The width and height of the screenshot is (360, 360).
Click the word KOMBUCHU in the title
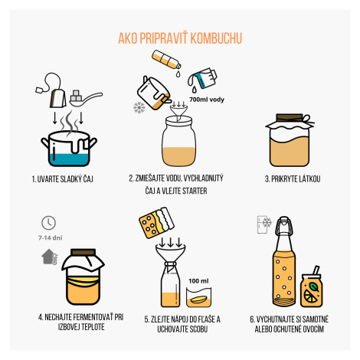[x=216, y=38]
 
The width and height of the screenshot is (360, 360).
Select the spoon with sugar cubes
[x=86, y=98]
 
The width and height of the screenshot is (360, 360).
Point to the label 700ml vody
[x=207, y=100]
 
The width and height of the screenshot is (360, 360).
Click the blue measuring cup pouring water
[x=202, y=78]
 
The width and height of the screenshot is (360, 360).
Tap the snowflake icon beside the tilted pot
[x=139, y=107]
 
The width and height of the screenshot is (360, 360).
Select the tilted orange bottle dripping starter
[x=166, y=60]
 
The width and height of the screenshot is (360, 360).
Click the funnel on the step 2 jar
[x=178, y=111]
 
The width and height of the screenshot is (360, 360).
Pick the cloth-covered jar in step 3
[x=290, y=140]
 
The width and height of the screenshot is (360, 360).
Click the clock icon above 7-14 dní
[x=48, y=223]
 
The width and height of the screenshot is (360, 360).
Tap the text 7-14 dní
[x=51, y=238]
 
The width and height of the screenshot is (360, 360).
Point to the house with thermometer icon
[x=50, y=257]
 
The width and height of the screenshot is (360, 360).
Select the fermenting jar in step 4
[x=83, y=277]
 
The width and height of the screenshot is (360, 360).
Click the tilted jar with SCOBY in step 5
[x=156, y=223]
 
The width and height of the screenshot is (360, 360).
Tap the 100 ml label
[x=198, y=281]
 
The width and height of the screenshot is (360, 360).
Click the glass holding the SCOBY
[x=198, y=297]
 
